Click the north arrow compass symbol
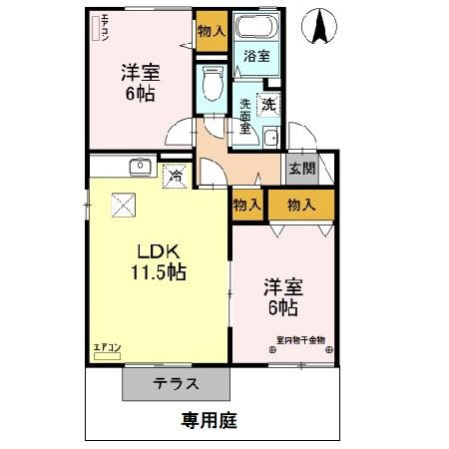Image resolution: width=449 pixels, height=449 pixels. [321, 27]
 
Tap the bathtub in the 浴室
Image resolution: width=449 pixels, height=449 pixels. [256, 27]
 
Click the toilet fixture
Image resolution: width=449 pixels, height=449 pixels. [211, 84]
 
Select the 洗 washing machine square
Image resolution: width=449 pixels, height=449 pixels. [268, 102]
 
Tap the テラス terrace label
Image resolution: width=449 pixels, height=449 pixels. [177, 384]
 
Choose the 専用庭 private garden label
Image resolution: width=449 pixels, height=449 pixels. [210, 420]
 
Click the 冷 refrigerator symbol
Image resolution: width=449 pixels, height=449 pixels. [175, 176]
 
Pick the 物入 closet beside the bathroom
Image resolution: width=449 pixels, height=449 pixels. [211, 31]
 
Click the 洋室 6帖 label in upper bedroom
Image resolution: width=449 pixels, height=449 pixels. [140, 83]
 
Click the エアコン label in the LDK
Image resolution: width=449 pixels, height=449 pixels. [106, 347]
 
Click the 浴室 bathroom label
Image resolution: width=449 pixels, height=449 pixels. [256, 56]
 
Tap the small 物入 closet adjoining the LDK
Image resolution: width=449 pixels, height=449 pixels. [246, 205]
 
